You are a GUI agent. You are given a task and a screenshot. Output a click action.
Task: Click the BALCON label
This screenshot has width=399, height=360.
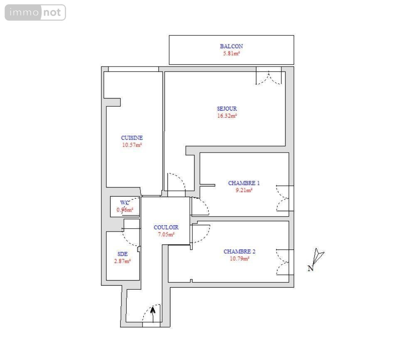pyautogui.click(x=232, y=46)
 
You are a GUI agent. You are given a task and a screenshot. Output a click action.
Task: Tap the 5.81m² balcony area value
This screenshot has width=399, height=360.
pyautogui.click(x=232, y=54)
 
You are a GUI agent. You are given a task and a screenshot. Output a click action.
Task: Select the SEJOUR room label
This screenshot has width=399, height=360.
pyautogui.click(x=227, y=108)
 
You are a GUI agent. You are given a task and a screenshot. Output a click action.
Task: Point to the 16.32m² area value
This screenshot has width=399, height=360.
pyautogui.click(x=227, y=116)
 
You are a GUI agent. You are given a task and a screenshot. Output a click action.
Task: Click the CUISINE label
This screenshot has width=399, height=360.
pyautogui.click(x=132, y=138)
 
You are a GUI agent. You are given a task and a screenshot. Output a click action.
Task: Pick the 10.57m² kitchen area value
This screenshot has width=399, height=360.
pyautogui.click(x=132, y=145)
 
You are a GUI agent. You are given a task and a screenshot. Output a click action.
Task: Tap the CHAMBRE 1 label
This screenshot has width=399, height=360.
pyautogui.click(x=244, y=183)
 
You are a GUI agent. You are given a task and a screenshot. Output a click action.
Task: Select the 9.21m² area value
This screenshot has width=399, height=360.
pyautogui.click(x=244, y=190)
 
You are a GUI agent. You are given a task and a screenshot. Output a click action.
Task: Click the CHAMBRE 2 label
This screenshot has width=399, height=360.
pyautogui.click(x=239, y=252)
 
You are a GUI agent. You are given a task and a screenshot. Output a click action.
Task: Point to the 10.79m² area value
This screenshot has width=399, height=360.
pyautogui.click(x=239, y=259)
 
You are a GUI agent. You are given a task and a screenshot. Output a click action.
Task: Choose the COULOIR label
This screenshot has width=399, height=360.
pyautogui.click(x=166, y=227)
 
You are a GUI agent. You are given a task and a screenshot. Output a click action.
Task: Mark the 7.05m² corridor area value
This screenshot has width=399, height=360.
pyautogui.click(x=166, y=234)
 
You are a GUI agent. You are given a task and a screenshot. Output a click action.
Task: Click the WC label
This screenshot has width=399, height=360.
pyautogui.click(x=125, y=203)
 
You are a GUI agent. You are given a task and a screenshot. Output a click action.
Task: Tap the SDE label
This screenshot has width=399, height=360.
pyautogui.click(x=123, y=254)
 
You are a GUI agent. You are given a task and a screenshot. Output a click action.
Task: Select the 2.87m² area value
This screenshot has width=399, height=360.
pyautogui.click(x=123, y=261)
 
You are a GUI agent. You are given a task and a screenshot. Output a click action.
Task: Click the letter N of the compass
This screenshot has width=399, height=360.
pyautogui.click(x=310, y=269)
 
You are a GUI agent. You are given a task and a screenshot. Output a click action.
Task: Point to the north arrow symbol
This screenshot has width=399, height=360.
pyautogui.click(x=318, y=256)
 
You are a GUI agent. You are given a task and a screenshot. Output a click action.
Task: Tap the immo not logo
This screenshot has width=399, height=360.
pyautogui.click(x=35, y=12)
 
